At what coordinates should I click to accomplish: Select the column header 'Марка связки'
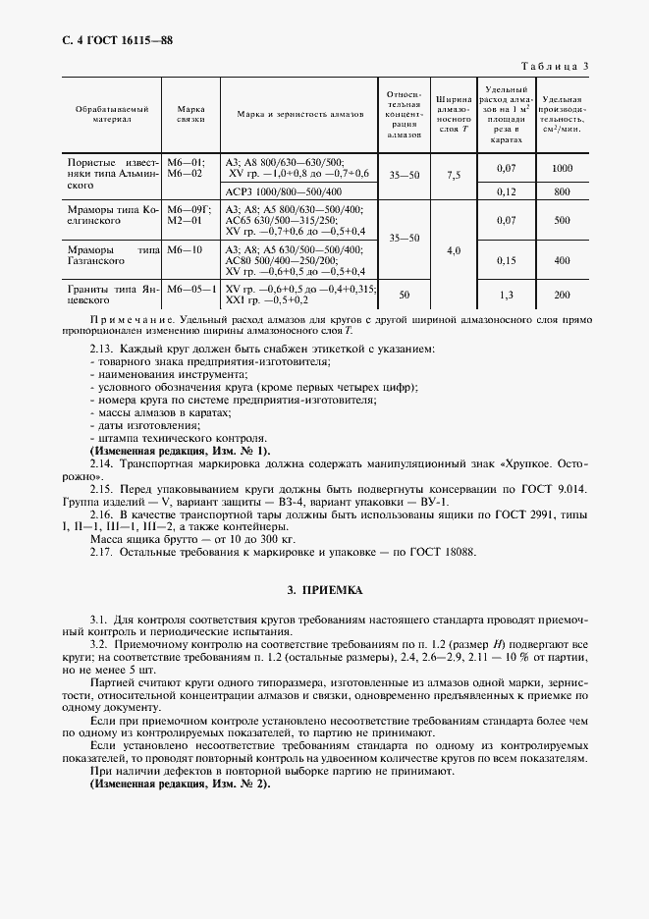[190, 113]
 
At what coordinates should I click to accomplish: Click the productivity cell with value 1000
[562, 168]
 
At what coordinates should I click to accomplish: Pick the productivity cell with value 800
[562, 191]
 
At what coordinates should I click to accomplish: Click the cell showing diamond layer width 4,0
[454, 251]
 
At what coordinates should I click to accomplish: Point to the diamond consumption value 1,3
[507, 295]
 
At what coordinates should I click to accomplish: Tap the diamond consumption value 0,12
[507, 191]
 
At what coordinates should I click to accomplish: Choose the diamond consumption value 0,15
[507, 260]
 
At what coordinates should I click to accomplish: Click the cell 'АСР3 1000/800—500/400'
[284, 190]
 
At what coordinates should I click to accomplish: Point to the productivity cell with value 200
[562, 295]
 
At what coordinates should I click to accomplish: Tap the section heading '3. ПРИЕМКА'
[324, 591]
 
